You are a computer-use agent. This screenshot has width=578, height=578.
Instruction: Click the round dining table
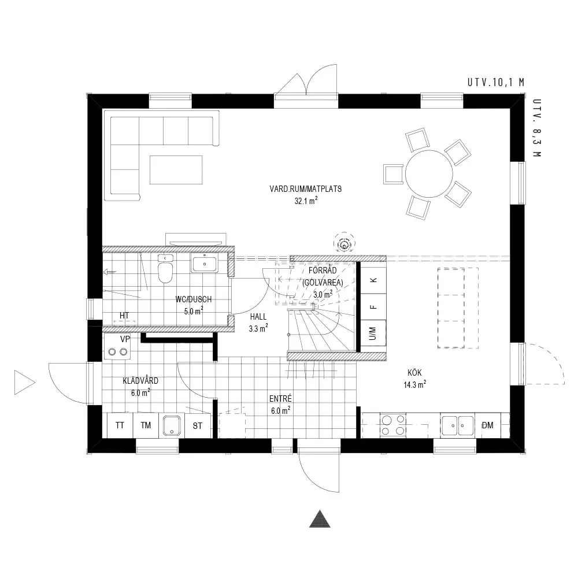pyautogui.click(x=429, y=173)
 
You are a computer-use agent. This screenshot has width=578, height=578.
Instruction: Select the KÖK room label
pyautogui.click(x=414, y=373)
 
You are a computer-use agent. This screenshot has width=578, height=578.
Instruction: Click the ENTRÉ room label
pyautogui.click(x=280, y=398)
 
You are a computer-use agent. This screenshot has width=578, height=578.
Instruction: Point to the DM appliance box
pyautogui.click(x=488, y=425)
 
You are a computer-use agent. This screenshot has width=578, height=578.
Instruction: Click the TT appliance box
pyautogui.click(x=120, y=425)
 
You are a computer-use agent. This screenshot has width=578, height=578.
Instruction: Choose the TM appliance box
pyautogui.click(x=146, y=425)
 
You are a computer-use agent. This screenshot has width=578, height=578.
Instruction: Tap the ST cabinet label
pyautogui.click(x=198, y=426)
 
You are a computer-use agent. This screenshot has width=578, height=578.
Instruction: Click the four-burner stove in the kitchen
pyautogui.click(x=393, y=425)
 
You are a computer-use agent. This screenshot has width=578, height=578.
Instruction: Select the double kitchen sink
pyautogui.click(x=457, y=425)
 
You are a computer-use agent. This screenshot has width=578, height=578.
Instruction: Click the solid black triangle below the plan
pyautogui.click(x=320, y=519)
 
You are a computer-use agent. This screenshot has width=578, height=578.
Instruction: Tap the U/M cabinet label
pyautogui.click(x=373, y=334)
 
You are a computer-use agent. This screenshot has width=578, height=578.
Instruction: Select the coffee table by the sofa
pyautogui.click(x=176, y=169)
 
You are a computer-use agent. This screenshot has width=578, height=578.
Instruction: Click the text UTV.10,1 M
pyautogui.click(x=496, y=82)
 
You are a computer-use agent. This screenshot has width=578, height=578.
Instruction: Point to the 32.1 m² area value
pyautogui.click(x=306, y=201)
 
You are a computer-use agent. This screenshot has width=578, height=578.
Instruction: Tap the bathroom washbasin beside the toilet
pyautogui.click(x=203, y=263)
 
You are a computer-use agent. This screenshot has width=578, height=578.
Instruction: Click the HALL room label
pyautogui.click(x=258, y=317)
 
